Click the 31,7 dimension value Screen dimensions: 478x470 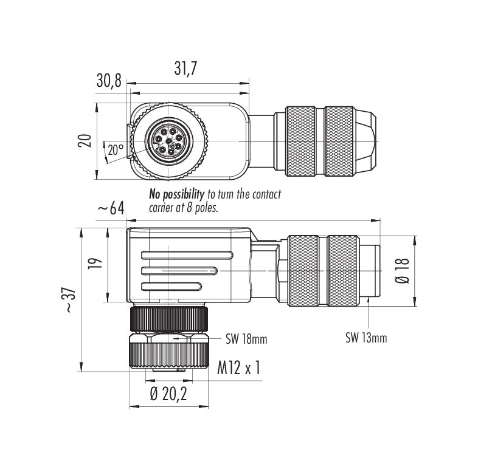185,69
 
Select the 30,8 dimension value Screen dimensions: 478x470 109,81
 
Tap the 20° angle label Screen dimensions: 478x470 116,149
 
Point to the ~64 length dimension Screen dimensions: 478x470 111,209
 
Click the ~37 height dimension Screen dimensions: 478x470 70,300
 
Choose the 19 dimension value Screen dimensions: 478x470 94,264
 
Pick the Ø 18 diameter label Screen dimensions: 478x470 403,271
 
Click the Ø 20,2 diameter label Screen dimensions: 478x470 168,395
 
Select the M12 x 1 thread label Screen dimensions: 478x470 238,368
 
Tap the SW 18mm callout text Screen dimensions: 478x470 246,339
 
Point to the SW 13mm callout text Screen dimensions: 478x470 366,338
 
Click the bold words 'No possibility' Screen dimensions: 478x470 176,194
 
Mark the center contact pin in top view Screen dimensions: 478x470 169,141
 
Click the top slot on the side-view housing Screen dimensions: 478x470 187,255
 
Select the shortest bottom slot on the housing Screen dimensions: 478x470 171,286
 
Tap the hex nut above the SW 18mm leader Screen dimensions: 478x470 169,338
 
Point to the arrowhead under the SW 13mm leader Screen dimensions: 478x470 369,300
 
